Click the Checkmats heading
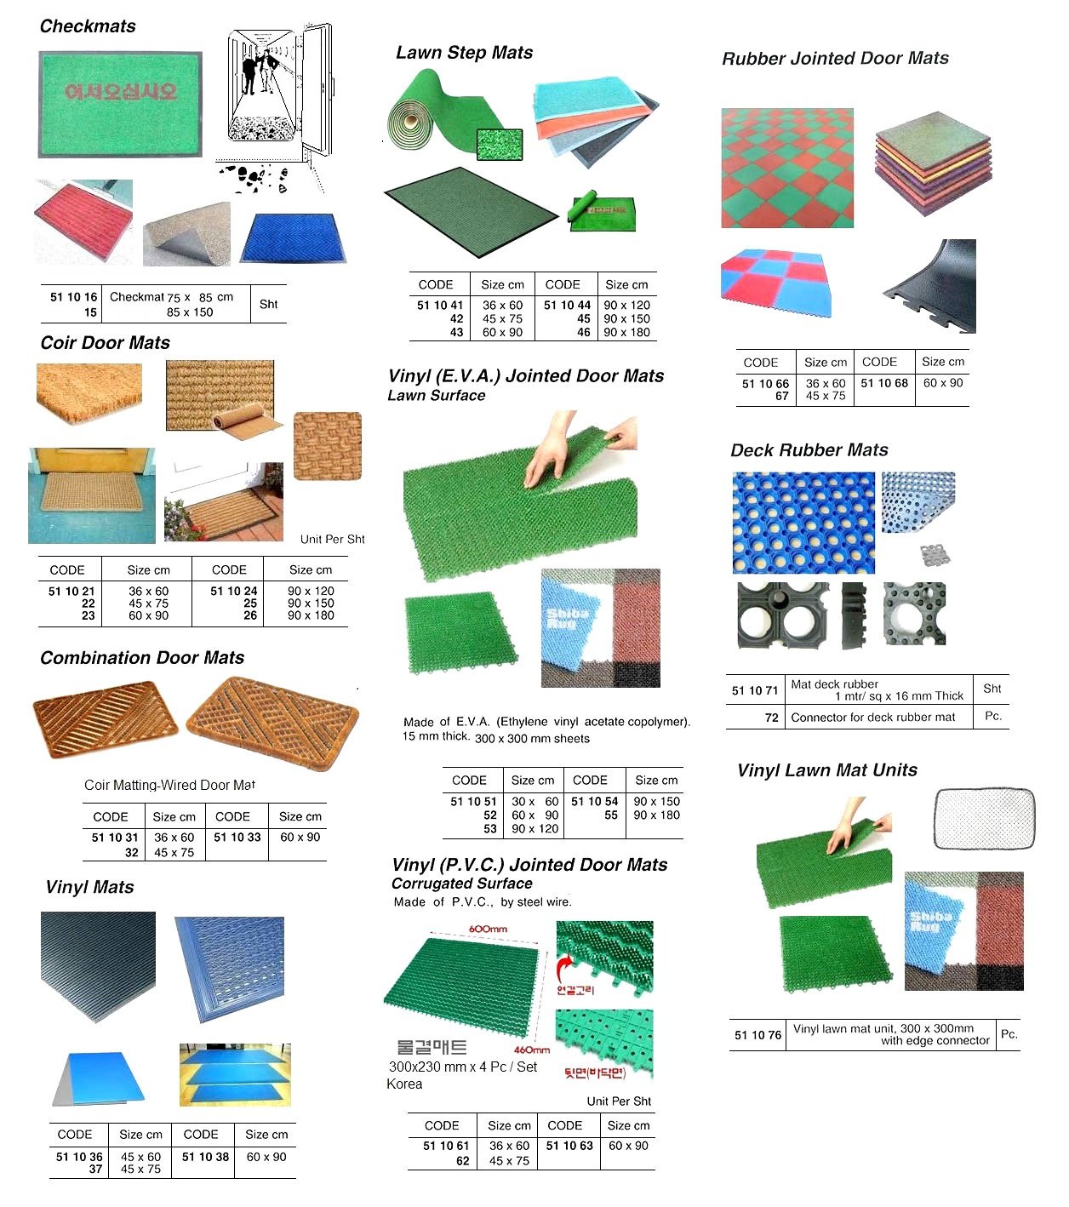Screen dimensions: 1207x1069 88,26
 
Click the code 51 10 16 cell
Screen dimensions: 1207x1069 73,297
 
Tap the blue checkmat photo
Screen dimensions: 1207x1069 294,238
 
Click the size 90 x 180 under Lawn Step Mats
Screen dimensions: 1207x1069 626,333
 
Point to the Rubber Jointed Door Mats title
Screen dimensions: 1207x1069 835,59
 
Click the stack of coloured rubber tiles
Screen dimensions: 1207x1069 934,162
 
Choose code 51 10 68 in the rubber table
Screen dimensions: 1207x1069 883,383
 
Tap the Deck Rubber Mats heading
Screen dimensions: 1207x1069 809,450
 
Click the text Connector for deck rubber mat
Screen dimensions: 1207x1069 872,718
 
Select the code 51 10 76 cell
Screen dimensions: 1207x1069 757,1035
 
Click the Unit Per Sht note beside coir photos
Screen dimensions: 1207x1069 332,539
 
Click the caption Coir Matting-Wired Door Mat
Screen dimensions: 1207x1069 169,785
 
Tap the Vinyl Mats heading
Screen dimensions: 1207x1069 89,887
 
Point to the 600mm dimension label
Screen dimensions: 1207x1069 488,929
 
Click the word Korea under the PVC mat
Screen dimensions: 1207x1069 404,1084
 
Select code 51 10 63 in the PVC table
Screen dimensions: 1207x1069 569,1146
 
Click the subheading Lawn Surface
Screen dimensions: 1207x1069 436,395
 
